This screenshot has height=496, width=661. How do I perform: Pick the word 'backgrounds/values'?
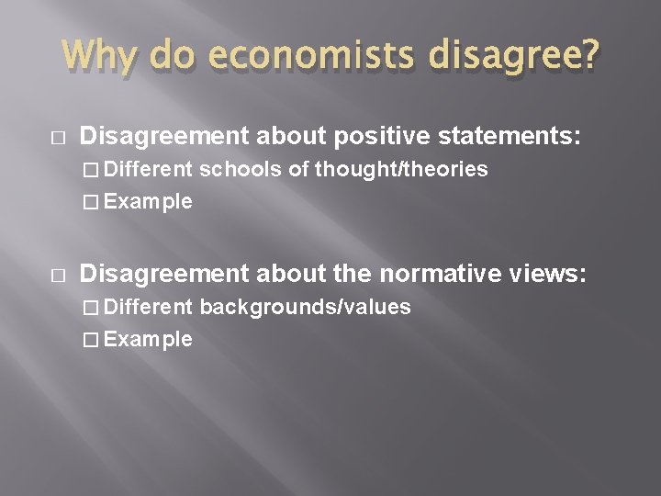pyautogui.click(x=305, y=307)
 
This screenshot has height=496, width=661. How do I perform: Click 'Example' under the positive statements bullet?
pyautogui.click(x=148, y=202)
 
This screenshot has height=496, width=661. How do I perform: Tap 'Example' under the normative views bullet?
pyautogui.click(x=148, y=339)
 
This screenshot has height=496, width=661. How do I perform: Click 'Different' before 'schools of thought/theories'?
pyautogui.click(x=148, y=170)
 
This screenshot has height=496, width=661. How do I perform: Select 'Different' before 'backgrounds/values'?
pyautogui.click(x=148, y=307)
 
